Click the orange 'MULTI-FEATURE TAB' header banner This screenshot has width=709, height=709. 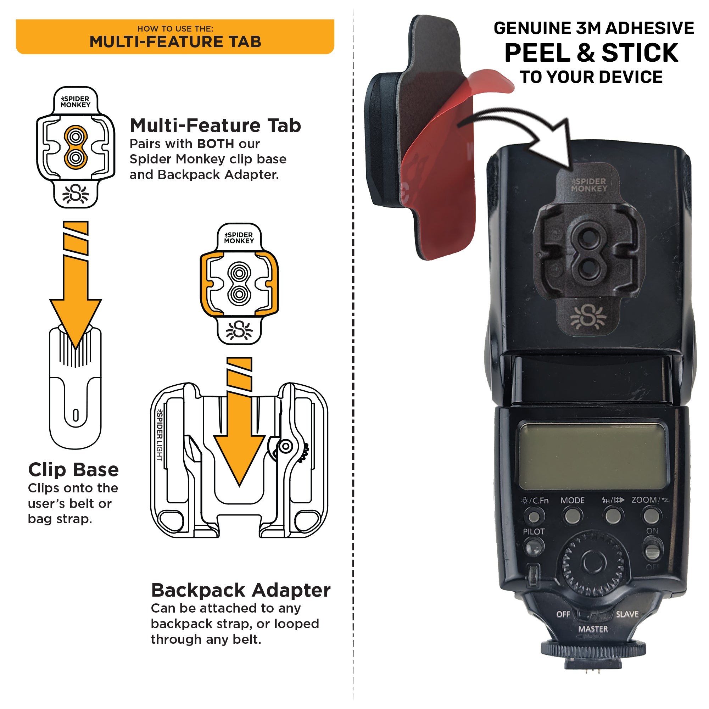tap(175, 37)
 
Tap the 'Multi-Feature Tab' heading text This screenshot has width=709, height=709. tap(216, 125)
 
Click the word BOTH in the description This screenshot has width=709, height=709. tap(215, 144)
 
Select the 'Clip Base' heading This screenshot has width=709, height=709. tap(73, 470)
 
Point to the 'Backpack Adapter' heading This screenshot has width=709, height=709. tap(241, 591)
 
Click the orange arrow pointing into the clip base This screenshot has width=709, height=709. tap(76, 294)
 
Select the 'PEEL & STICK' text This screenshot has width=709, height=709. tap(591, 53)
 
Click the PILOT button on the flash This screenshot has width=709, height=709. tap(534, 549)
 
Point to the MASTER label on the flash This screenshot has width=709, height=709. tap(593, 629)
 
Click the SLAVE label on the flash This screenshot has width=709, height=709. tap(627, 614)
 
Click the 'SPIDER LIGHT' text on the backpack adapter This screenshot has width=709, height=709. tap(160, 435)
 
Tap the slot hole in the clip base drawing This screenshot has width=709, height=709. tap(76, 415)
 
